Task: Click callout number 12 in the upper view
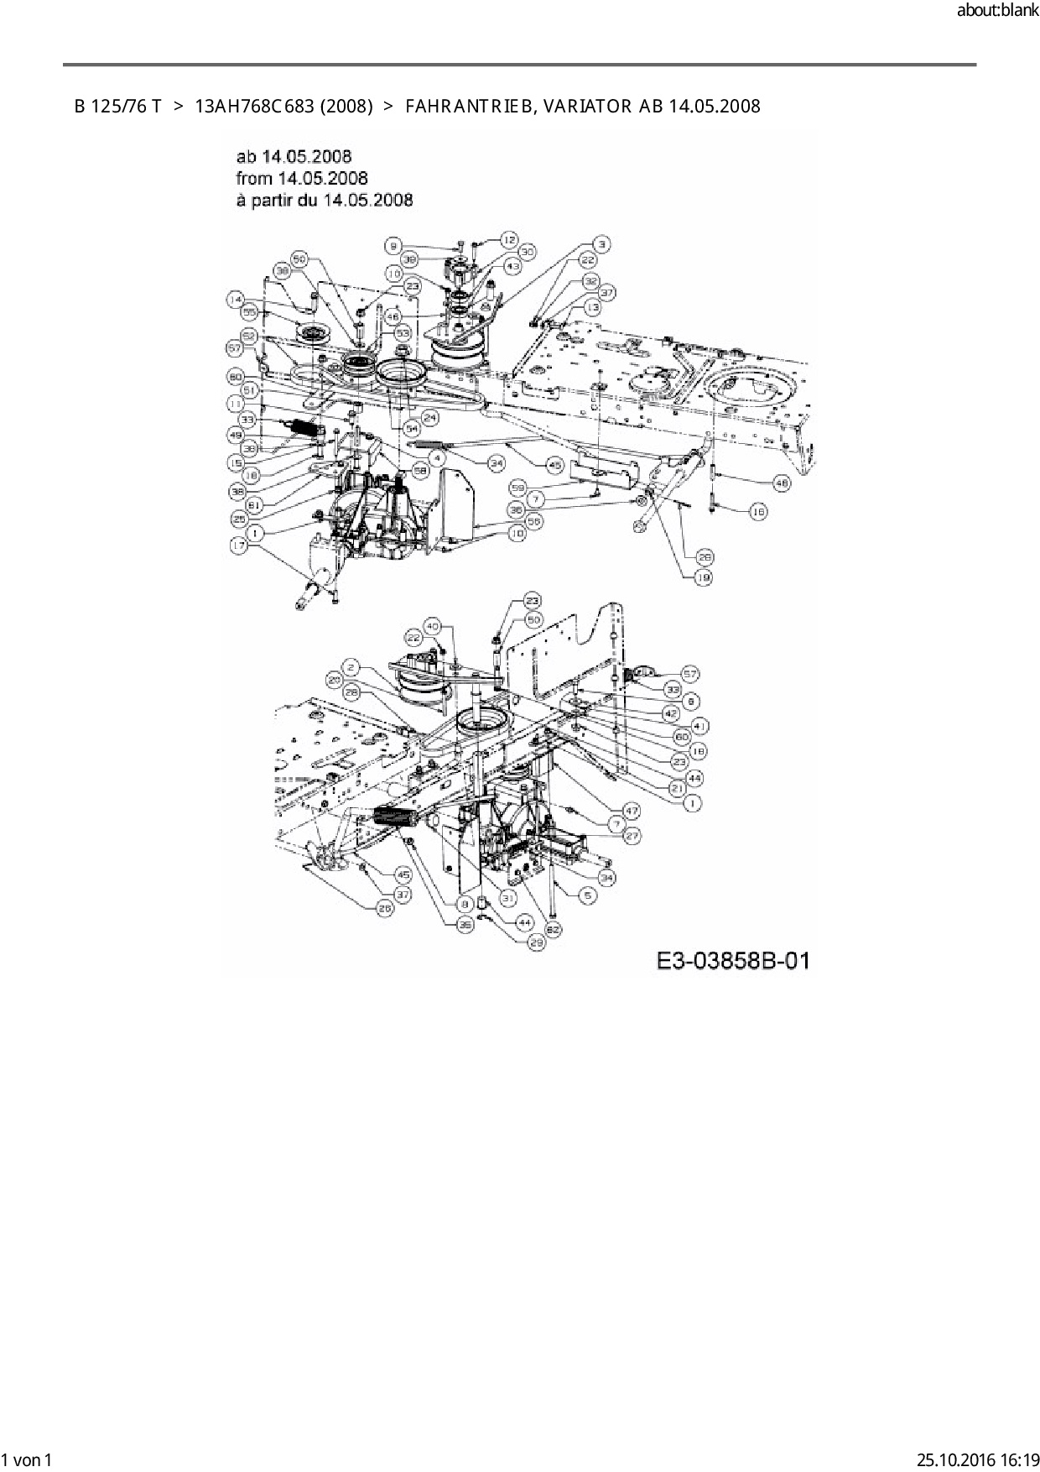[x=509, y=239]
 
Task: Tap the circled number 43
[x=512, y=265]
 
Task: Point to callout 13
[x=593, y=307]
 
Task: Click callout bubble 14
[x=236, y=298]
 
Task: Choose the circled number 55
[x=248, y=312]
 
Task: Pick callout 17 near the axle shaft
[x=240, y=545]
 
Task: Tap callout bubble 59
[x=517, y=487]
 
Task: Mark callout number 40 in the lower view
[x=433, y=625]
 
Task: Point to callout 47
[x=631, y=811]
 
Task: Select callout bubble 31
[x=507, y=896]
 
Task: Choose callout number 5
[x=588, y=896]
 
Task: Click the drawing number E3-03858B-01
[x=733, y=960]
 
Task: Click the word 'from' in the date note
[x=253, y=178]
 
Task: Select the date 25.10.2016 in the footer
[x=953, y=1459]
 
